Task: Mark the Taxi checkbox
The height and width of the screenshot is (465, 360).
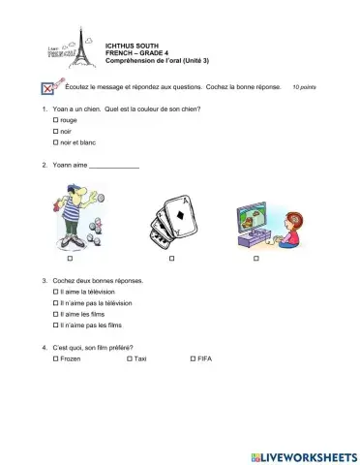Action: [x=130, y=359]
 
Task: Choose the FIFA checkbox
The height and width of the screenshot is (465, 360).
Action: [x=192, y=359]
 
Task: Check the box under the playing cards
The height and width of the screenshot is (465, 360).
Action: [x=171, y=260]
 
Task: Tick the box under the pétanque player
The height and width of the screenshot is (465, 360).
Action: [x=71, y=260]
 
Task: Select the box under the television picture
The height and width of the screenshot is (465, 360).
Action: [x=256, y=260]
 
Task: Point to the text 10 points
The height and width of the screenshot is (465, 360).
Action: [x=304, y=87]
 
